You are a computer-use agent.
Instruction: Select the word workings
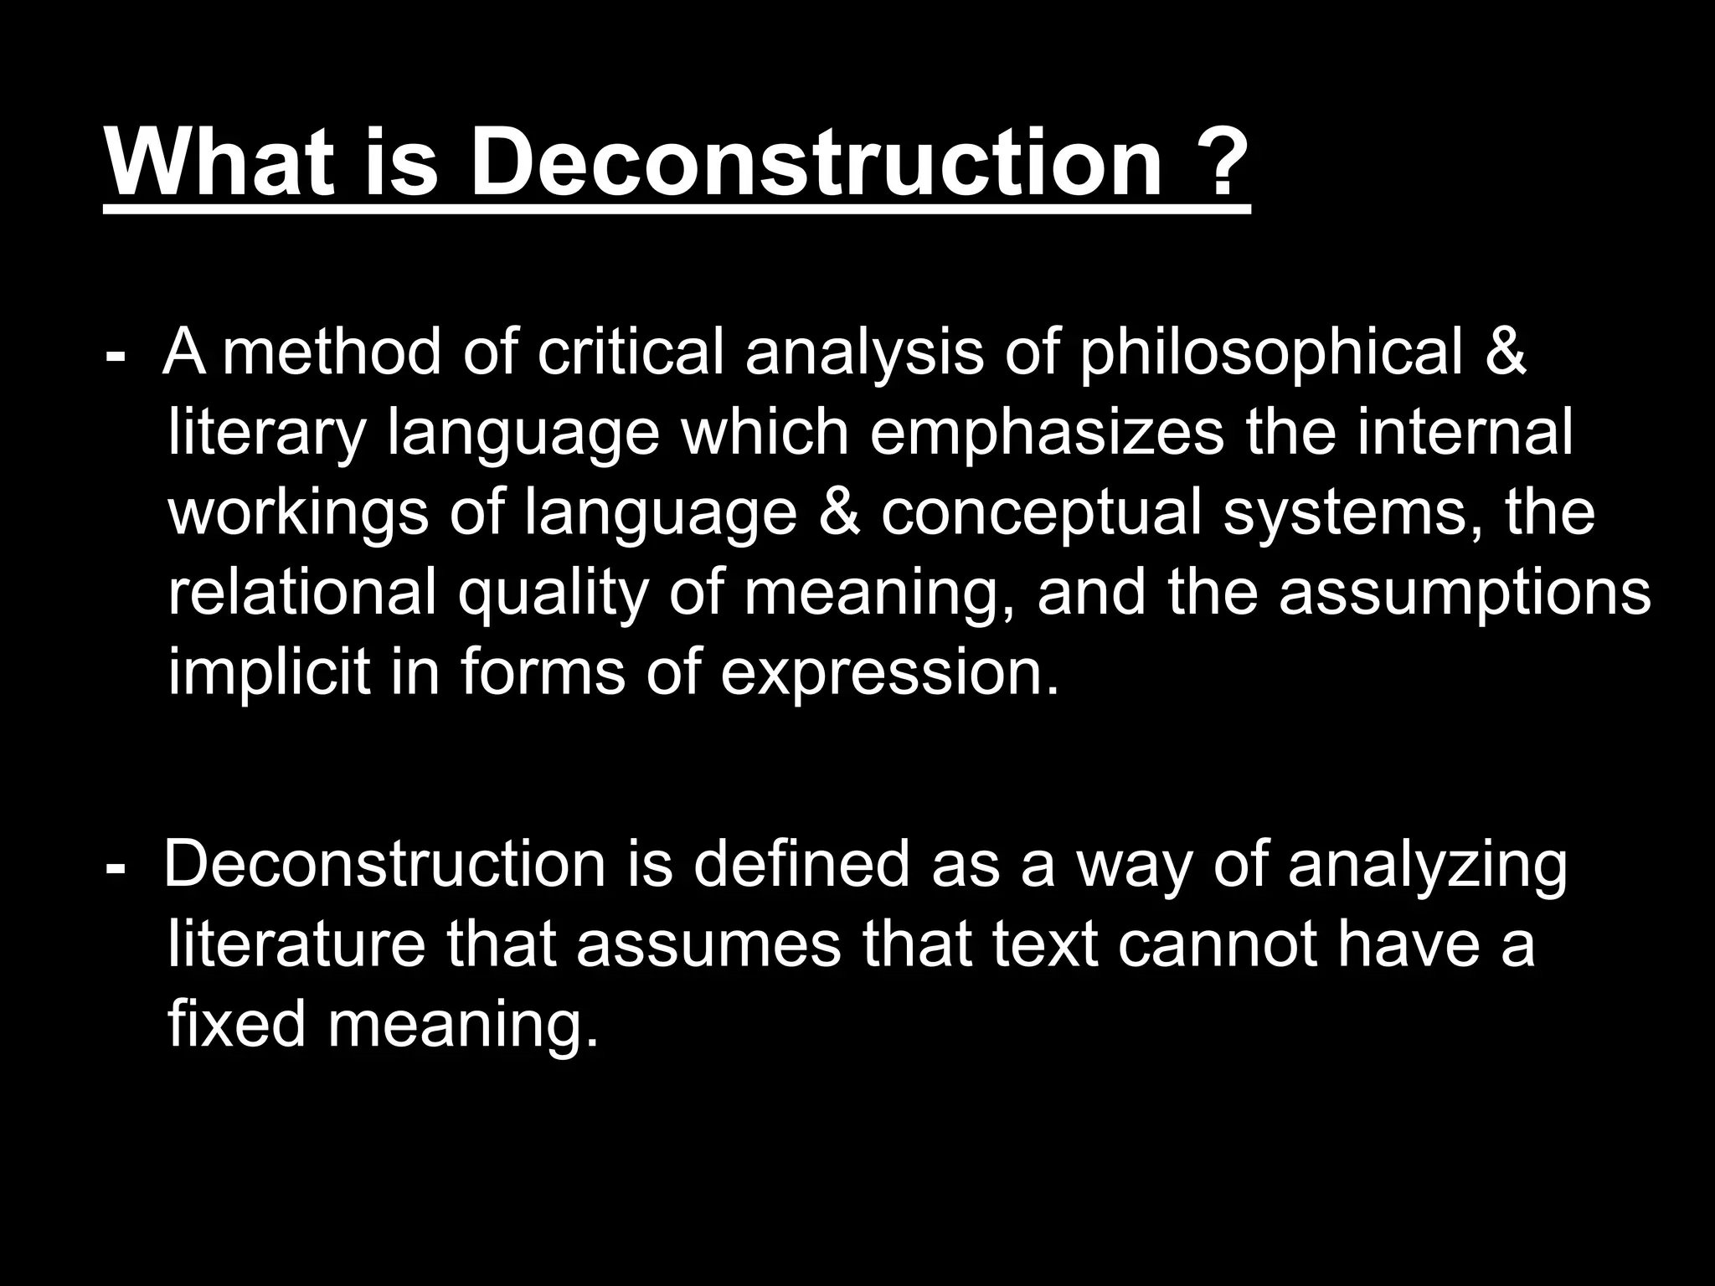[298, 514]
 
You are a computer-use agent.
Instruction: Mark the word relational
[302, 592]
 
